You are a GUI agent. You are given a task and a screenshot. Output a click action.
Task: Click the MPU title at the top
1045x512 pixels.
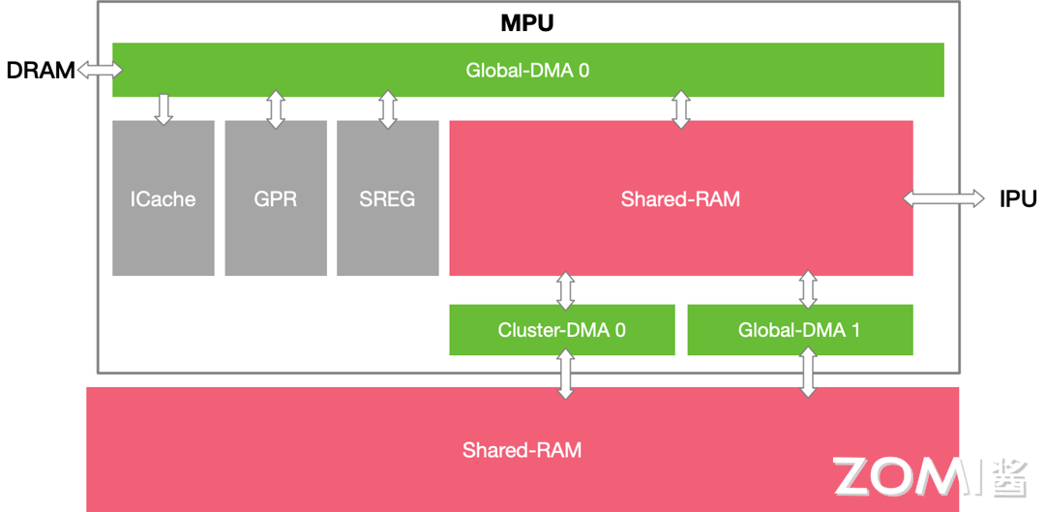pos(526,23)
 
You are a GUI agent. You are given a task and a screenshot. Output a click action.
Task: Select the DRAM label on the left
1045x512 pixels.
pos(40,70)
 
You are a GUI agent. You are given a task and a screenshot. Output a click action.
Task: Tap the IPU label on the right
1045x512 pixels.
pos(1017,198)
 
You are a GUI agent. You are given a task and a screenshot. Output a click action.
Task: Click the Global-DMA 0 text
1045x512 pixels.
pos(527,70)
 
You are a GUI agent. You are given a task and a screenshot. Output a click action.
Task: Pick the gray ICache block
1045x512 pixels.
pos(163,198)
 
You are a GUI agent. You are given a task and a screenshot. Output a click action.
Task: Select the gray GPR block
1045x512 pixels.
pos(276,198)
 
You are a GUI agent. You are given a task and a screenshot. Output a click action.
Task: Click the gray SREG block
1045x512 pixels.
pos(387,198)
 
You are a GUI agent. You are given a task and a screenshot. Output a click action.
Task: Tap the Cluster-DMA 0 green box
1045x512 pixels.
pos(561,330)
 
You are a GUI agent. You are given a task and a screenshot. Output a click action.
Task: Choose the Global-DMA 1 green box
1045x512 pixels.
pos(799,330)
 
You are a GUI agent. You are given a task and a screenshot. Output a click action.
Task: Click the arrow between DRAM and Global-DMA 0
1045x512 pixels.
pos(100,70)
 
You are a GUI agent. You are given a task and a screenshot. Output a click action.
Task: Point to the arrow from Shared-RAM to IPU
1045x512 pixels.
pos(943,198)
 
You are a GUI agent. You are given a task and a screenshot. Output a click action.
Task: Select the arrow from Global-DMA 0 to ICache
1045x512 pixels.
pos(164,108)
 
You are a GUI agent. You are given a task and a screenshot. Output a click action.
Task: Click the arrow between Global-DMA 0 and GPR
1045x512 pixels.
pos(276,109)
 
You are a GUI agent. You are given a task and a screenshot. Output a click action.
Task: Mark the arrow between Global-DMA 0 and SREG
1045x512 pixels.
pos(388,109)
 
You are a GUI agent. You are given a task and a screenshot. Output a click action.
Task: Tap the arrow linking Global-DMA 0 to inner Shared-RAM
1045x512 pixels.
pos(680,109)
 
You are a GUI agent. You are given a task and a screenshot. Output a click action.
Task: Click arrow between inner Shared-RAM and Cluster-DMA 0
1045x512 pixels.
pos(566,290)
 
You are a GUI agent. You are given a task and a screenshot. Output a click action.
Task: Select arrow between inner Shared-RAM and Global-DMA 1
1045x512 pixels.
pos(808,290)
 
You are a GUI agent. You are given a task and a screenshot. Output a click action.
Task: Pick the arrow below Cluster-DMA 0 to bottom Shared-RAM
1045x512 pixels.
pos(566,373)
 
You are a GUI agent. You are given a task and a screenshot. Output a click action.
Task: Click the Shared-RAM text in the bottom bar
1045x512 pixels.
pos(522,450)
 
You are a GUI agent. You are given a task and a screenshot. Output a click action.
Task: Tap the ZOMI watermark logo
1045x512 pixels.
pos(929,476)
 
